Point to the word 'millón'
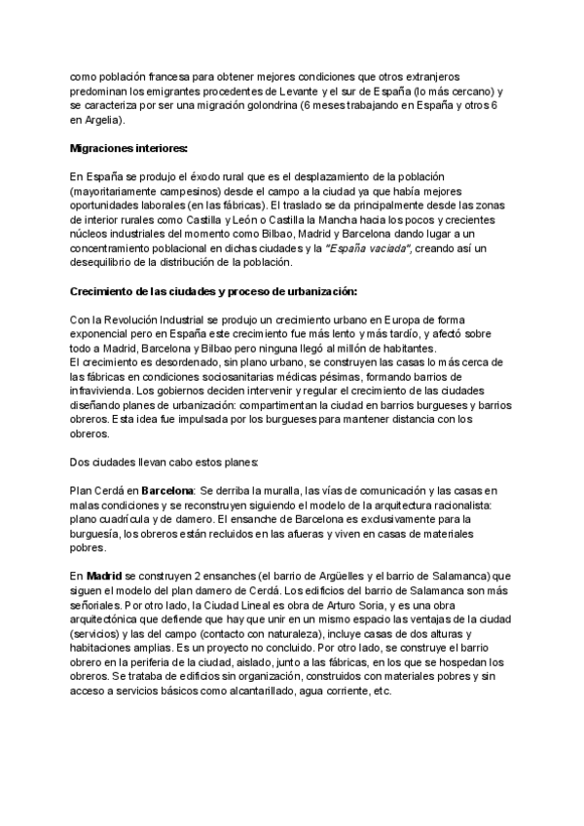[x=363, y=349]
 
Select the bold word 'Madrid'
[x=105, y=577]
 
